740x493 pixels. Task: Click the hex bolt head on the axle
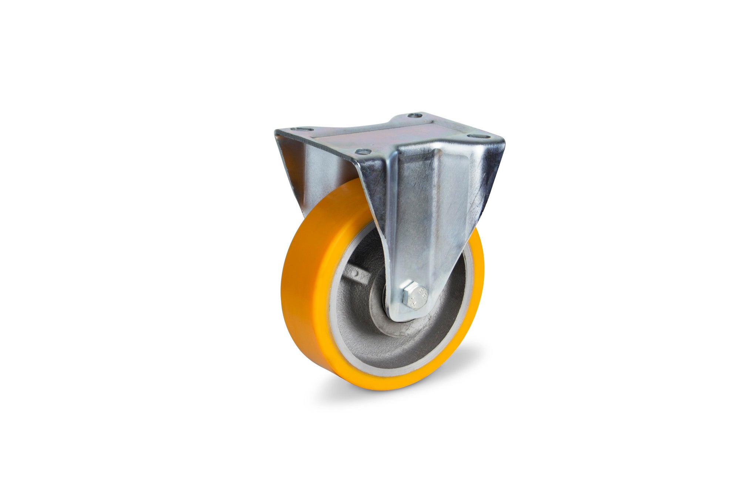click(x=414, y=296)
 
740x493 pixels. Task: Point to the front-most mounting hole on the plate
click(x=361, y=151)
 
